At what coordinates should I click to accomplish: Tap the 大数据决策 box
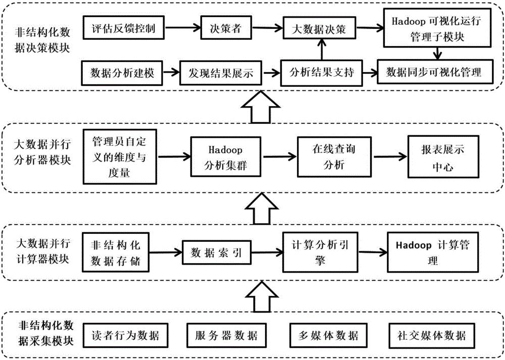coord(319,29)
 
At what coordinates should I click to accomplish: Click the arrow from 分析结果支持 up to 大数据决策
coord(320,50)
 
